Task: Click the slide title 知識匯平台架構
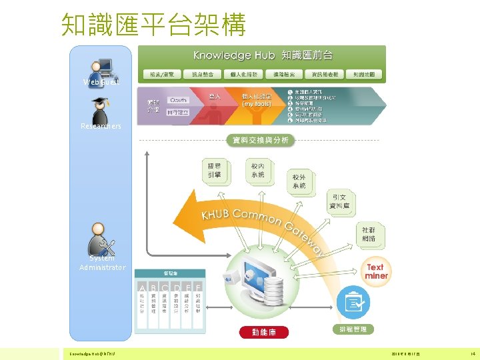[153, 24]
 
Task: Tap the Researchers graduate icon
[101, 110]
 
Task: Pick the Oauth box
[178, 99]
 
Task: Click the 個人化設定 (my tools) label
[257, 99]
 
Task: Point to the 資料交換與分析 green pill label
[259, 140]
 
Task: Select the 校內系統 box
[257, 170]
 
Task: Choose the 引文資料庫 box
[341, 202]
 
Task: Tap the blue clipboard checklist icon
[352, 303]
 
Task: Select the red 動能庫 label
[263, 332]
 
